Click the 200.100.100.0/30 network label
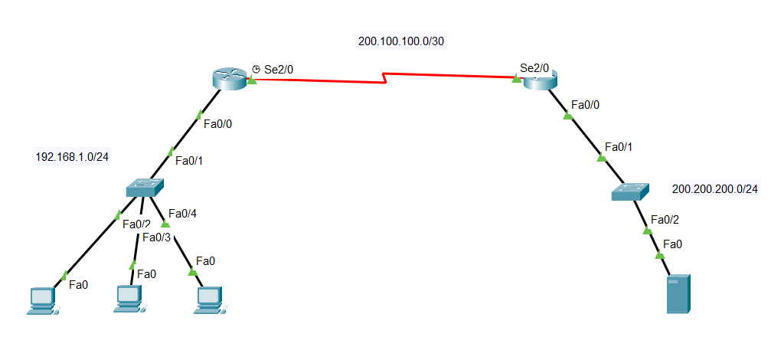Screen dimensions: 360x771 click(401, 41)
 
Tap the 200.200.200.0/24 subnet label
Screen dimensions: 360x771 click(714, 188)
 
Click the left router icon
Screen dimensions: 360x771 click(230, 77)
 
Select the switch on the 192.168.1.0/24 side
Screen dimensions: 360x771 click(145, 187)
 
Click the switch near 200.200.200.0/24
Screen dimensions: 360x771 click(629, 191)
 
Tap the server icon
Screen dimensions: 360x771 click(678, 294)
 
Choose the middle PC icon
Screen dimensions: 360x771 click(129, 299)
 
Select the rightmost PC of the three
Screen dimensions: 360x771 click(207, 299)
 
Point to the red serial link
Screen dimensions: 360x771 click(383, 77)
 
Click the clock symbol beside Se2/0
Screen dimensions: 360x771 click(256, 69)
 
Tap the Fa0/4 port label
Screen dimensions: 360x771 click(182, 214)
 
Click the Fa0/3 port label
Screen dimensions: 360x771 click(156, 237)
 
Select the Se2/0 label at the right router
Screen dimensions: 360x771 click(534, 67)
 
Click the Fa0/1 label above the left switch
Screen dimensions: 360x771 click(190, 161)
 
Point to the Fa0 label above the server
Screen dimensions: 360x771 click(672, 244)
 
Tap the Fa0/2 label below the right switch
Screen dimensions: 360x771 click(665, 220)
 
